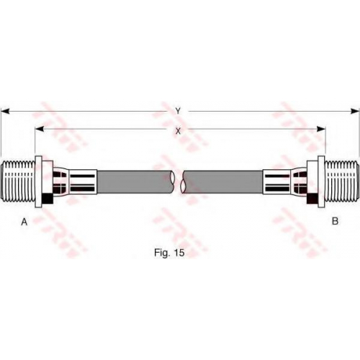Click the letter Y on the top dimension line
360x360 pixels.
point(178,111)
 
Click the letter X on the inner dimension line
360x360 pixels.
point(178,131)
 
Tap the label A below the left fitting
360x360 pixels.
point(24,222)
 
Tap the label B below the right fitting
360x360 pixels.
point(335,221)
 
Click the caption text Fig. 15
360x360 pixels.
point(169,253)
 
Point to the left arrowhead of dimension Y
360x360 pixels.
point(5,111)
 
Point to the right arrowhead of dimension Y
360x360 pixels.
point(355,111)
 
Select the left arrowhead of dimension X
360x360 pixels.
point(40,129)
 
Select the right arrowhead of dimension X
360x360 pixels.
point(321,129)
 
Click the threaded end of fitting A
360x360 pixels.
point(18,181)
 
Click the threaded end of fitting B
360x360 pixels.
point(342,181)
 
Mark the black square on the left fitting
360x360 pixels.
point(48,199)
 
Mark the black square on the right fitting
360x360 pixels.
point(312,199)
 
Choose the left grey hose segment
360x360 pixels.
point(135,181)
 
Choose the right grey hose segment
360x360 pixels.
point(222,181)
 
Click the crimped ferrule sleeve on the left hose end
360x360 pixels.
point(83,181)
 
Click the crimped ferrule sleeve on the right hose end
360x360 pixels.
point(277,181)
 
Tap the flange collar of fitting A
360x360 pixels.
point(39,181)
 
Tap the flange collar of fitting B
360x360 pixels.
point(321,181)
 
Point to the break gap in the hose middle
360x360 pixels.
point(179,181)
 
